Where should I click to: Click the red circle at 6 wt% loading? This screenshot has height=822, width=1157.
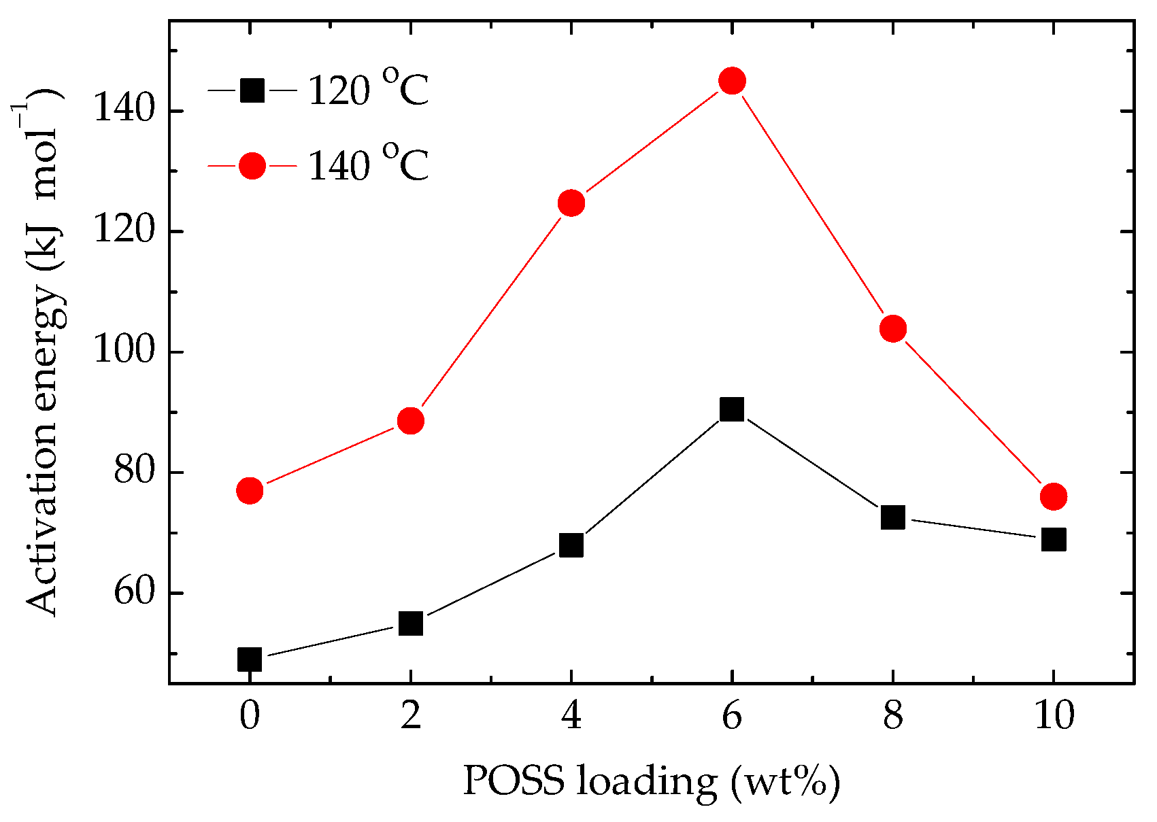pyautogui.click(x=732, y=81)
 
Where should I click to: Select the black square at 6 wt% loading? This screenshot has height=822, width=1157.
pyautogui.click(x=732, y=409)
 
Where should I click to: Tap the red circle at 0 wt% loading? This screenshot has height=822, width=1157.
pyautogui.click(x=250, y=490)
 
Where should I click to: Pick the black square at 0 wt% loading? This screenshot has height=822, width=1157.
pyautogui.click(x=250, y=659)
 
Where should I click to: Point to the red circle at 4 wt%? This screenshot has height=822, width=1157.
pyautogui.click(x=571, y=203)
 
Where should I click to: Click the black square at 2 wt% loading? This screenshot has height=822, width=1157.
pyautogui.click(x=411, y=623)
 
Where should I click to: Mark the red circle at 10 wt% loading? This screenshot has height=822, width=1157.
pyautogui.click(x=1053, y=496)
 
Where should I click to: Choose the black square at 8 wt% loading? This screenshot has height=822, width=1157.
pyautogui.click(x=892, y=517)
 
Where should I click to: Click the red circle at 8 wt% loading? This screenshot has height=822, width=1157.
pyautogui.click(x=892, y=329)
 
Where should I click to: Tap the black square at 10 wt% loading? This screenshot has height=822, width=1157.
pyautogui.click(x=1053, y=540)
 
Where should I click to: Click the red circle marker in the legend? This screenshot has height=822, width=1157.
pyautogui.click(x=252, y=165)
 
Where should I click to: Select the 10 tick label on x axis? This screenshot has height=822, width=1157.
pyautogui.click(x=1053, y=716)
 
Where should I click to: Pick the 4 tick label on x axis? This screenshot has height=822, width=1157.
pyautogui.click(x=571, y=716)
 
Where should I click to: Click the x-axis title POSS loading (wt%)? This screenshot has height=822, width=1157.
pyautogui.click(x=651, y=782)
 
